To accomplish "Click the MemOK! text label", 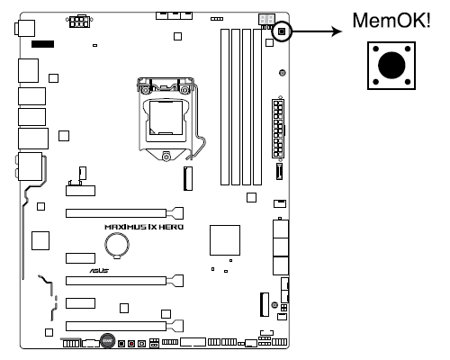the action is point(391,20).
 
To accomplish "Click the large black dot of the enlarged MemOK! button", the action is point(391,65).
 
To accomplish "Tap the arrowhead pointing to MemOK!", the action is point(337,31).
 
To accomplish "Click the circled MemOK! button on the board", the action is point(282,31).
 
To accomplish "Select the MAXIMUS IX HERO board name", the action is point(144,227).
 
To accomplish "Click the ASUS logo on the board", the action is point(99,270).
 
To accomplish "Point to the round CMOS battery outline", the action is point(117,245).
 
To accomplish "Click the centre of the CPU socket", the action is point(166,118).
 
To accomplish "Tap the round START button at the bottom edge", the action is point(107,340).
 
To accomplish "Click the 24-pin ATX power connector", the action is point(278,129).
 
